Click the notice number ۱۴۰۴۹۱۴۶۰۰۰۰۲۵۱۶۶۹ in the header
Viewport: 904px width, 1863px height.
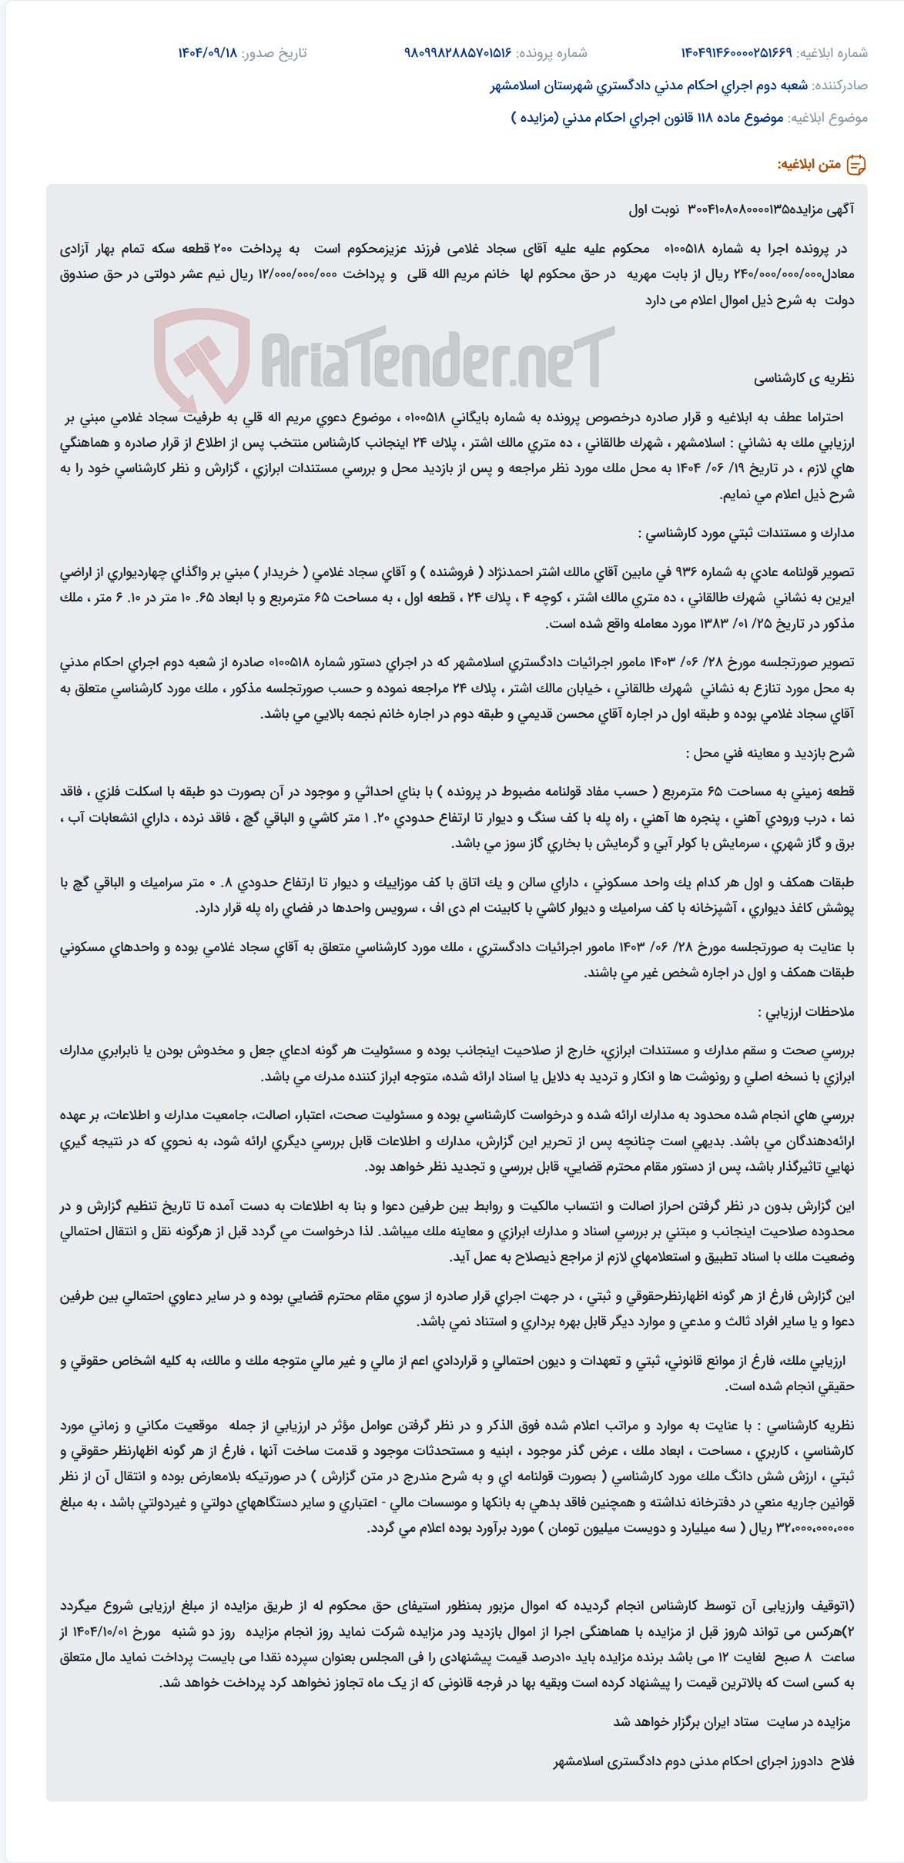[735, 53]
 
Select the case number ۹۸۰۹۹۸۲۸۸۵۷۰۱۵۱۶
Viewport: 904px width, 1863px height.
[457, 53]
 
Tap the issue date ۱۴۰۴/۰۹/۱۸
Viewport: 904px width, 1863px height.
[207, 53]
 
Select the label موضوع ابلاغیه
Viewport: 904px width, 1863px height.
[829, 118]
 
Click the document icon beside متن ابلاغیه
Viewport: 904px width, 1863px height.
[856, 165]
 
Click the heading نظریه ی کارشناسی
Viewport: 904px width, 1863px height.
[804, 378]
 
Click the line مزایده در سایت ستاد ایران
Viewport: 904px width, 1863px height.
[732, 1722]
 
